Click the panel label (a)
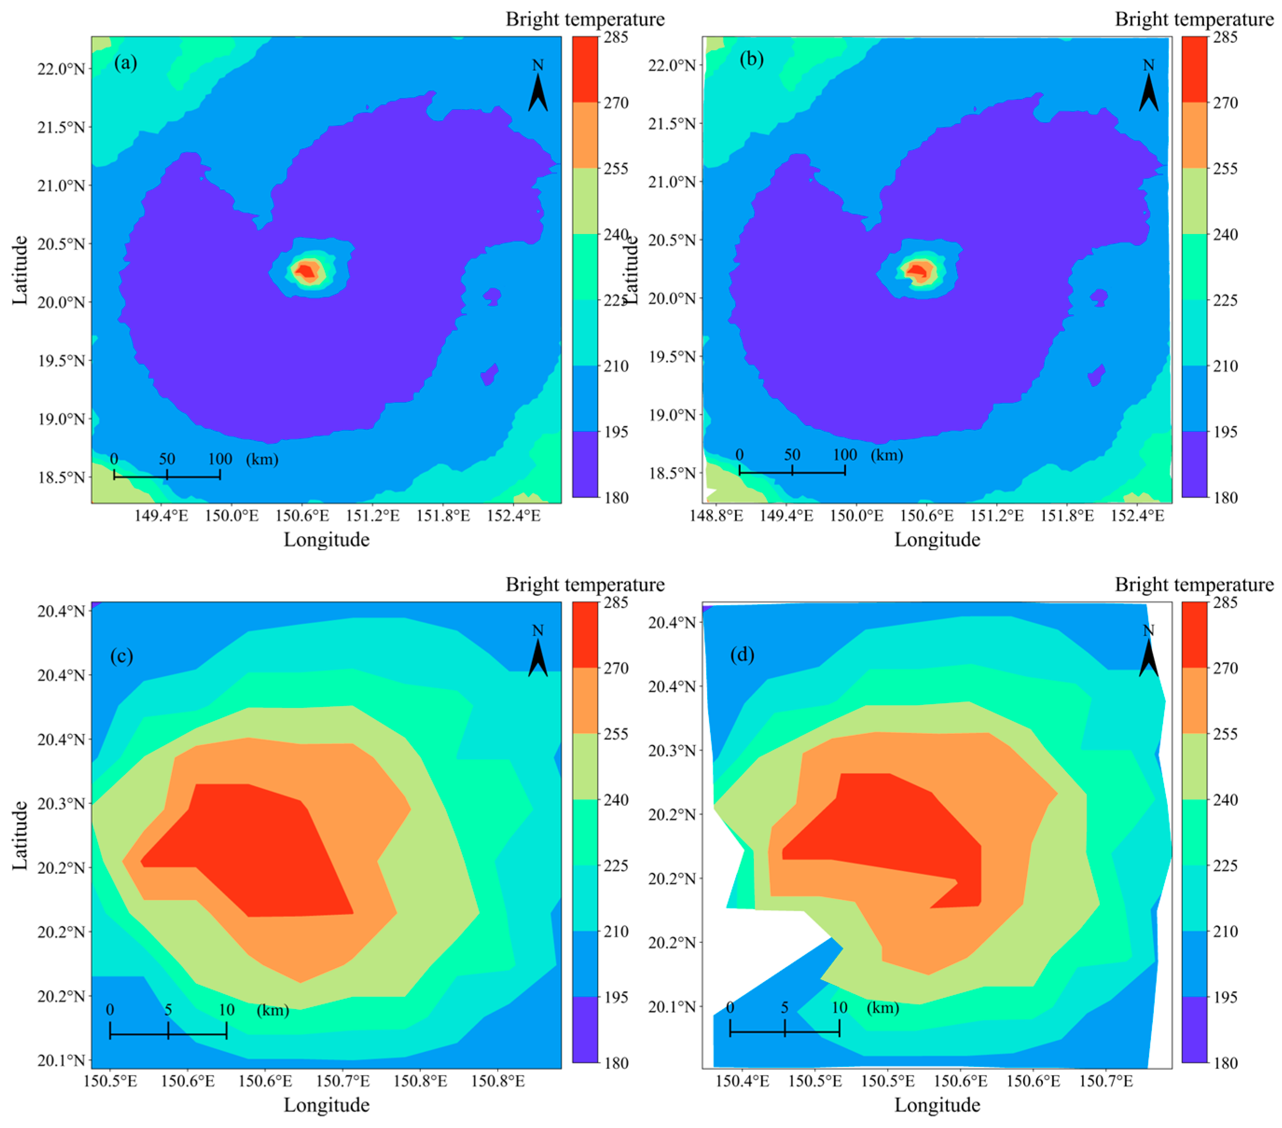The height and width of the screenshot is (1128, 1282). [125, 63]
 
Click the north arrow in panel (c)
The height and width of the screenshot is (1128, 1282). [538, 655]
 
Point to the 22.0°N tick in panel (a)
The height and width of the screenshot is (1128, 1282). [61, 69]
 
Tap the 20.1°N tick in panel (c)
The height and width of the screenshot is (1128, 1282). [61, 1060]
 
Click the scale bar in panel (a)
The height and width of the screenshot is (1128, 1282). [167, 477]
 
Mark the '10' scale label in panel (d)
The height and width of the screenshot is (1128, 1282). [839, 1008]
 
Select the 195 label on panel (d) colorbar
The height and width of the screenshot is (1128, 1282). [1225, 997]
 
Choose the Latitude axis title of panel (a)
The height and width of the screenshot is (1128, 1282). [20, 270]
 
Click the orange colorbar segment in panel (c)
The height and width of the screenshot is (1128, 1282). [585, 700]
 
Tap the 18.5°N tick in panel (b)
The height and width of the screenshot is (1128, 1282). [672, 473]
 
